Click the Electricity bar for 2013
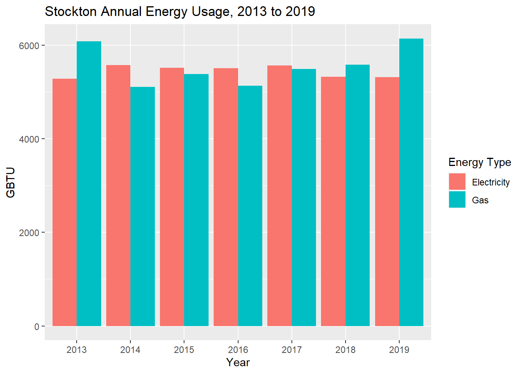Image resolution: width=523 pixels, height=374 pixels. point(65,202)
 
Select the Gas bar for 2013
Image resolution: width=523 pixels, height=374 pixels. point(89,183)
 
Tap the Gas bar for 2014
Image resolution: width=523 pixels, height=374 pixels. point(142,206)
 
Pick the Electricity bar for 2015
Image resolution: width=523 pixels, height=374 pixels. point(172,197)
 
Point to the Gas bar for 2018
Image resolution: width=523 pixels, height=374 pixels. point(358,195)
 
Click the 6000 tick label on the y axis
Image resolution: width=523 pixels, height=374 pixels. point(29,46)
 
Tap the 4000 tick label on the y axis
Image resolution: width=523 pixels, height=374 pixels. point(29,139)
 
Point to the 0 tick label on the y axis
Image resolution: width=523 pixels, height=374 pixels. point(37,326)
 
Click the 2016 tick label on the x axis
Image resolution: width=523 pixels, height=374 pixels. point(238,349)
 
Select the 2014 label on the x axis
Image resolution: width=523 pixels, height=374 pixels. point(130,349)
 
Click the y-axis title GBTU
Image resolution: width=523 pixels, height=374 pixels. point(11,182)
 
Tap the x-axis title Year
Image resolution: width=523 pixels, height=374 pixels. point(238,362)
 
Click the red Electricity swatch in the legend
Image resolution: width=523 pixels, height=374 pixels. point(457,182)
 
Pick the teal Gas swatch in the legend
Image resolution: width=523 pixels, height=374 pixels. point(457,200)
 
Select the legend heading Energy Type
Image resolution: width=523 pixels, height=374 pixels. point(479,162)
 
